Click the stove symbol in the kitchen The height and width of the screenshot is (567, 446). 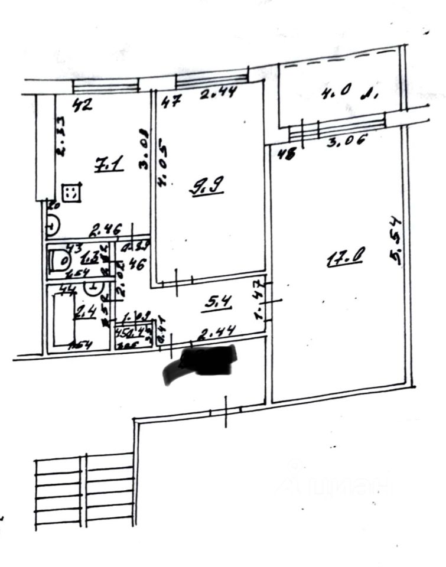71,191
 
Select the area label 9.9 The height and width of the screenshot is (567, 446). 204,188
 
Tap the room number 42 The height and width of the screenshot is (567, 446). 81,107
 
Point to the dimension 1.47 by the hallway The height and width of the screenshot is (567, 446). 258,299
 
